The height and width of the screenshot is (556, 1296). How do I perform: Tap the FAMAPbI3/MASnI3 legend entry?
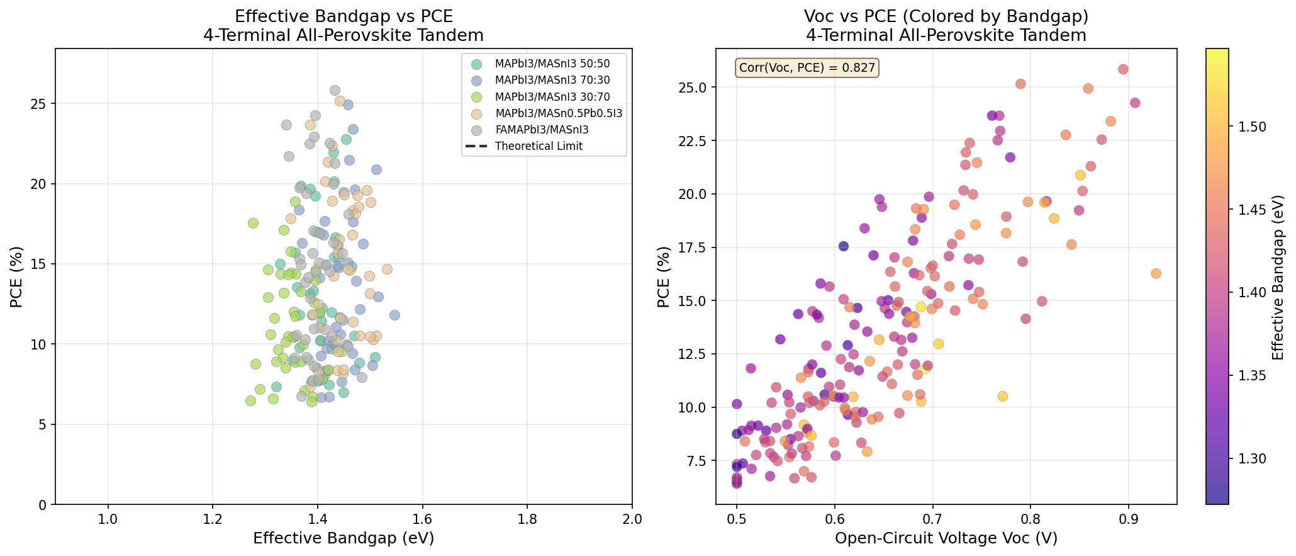pyautogui.click(x=542, y=130)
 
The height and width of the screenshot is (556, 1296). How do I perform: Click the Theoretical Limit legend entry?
pyautogui.click(x=539, y=146)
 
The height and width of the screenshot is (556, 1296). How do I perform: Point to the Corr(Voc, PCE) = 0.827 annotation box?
pyautogui.click(x=807, y=68)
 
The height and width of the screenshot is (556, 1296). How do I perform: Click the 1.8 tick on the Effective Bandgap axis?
pyautogui.click(x=527, y=519)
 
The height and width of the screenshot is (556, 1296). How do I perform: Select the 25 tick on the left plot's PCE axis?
pyautogui.click(x=41, y=104)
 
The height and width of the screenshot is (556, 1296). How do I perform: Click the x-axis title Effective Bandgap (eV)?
pyautogui.click(x=344, y=538)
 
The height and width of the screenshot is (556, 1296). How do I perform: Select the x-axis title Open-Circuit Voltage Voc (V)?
pyautogui.click(x=946, y=538)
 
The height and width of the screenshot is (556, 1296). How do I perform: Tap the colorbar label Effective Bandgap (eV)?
pyautogui.click(x=1278, y=276)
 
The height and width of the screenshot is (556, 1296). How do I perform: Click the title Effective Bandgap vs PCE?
pyautogui.click(x=344, y=17)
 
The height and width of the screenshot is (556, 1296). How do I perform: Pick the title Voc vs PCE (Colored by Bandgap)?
pyautogui.click(x=946, y=17)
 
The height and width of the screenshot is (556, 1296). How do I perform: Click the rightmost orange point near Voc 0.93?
pyautogui.click(x=1156, y=273)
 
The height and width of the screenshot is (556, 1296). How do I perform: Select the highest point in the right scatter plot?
pyautogui.click(x=1123, y=69)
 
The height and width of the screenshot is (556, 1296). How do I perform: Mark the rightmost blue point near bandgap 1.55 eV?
pyautogui.click(x=394, y=315)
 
